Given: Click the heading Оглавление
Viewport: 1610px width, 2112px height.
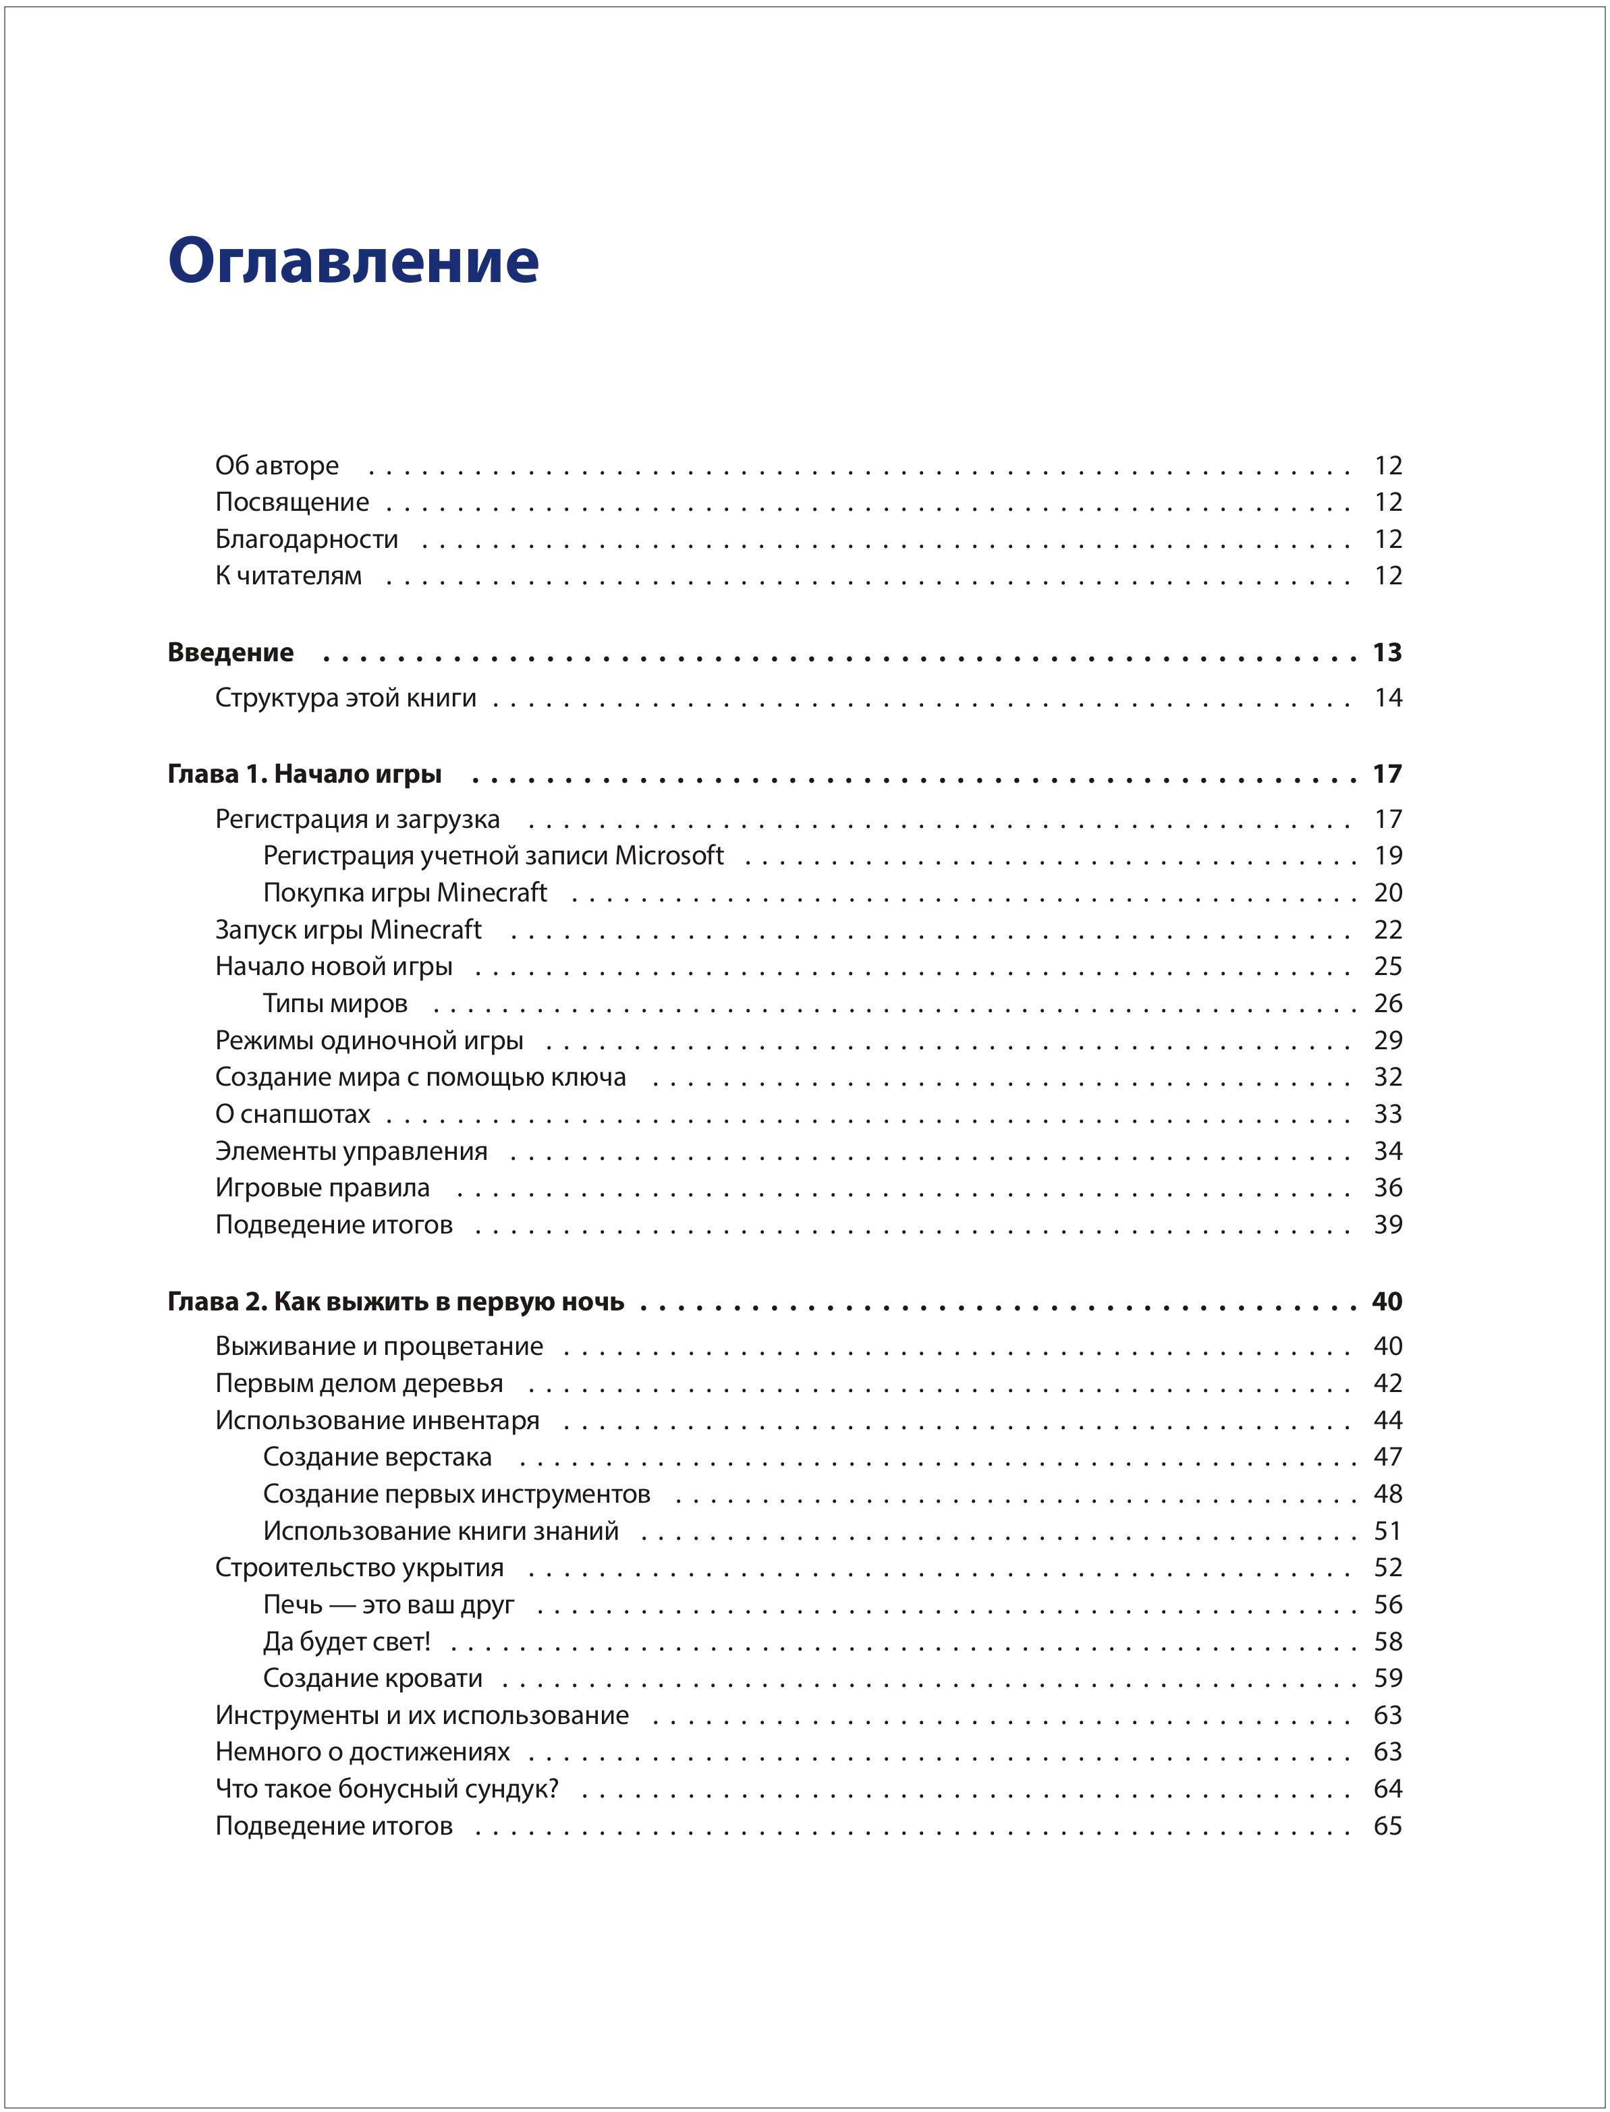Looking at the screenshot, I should point(353,260).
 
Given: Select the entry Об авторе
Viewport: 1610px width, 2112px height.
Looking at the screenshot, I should point(277,466).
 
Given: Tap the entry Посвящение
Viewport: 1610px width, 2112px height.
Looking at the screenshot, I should point(292,502).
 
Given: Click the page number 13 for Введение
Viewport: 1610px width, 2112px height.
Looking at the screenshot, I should point(1387,652).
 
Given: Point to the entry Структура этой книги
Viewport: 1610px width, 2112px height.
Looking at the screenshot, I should point(345,698).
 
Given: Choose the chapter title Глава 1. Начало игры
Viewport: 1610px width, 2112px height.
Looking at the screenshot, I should point(305,773).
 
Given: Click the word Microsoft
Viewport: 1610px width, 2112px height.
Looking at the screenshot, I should point(669,855).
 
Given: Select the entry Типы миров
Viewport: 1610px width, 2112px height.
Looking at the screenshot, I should point(335,1003).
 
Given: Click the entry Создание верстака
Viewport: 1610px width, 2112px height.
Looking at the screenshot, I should point(377,1457).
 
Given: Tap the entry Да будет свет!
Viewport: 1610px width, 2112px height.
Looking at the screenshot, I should point(347,1642).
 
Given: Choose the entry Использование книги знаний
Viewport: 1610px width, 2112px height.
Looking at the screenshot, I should point(441,1530).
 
